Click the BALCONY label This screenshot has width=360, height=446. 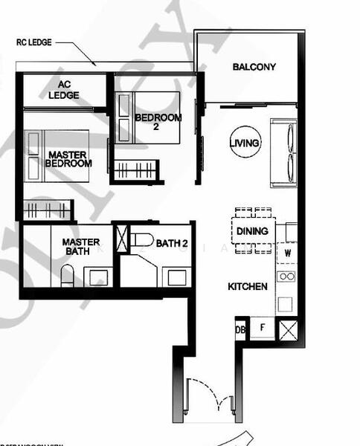coord(254,67)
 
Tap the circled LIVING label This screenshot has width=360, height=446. coord(245,143)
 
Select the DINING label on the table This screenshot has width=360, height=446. coord(252,231)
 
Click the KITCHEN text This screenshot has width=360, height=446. coord(248,286)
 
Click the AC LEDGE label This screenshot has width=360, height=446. coord(65,90)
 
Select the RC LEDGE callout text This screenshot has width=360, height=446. coord(35,43)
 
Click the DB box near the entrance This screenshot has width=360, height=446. coord(240,329)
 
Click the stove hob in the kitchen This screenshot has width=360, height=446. coord(286,276)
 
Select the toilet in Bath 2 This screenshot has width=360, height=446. coord(141,239)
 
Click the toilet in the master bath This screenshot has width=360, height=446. coord(67,278)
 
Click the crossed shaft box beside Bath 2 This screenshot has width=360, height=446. coord(122,239)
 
